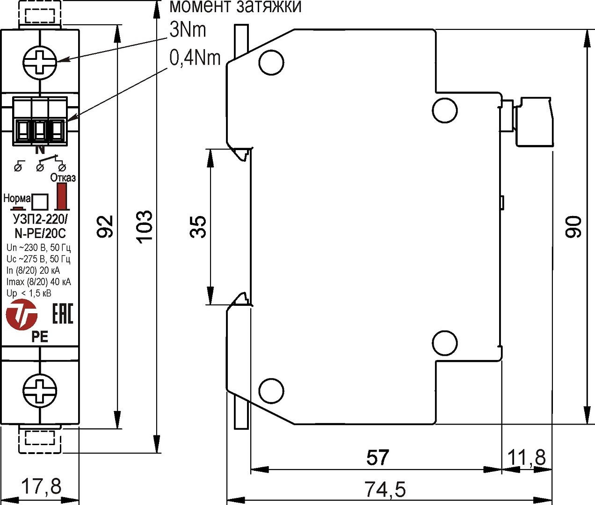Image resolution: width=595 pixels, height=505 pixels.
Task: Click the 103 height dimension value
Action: (145, 226)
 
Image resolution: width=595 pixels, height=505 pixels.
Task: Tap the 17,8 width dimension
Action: (42, 487)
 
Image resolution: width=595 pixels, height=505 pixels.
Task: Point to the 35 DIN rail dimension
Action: (198, 226)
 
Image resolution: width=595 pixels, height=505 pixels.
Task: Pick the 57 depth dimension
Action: (377, 458)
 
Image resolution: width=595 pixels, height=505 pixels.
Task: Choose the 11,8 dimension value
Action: (527, 458)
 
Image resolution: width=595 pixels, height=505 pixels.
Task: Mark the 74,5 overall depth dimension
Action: (385, 490)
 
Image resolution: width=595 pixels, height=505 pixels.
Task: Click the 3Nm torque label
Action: (188, 30)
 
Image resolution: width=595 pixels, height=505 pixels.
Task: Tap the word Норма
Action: (17, 198)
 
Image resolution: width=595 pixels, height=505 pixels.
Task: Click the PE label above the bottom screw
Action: (40, 337)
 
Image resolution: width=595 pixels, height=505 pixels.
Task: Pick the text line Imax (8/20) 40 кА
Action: (38, 281)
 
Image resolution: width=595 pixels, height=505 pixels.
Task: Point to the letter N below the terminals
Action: (40, 150)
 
